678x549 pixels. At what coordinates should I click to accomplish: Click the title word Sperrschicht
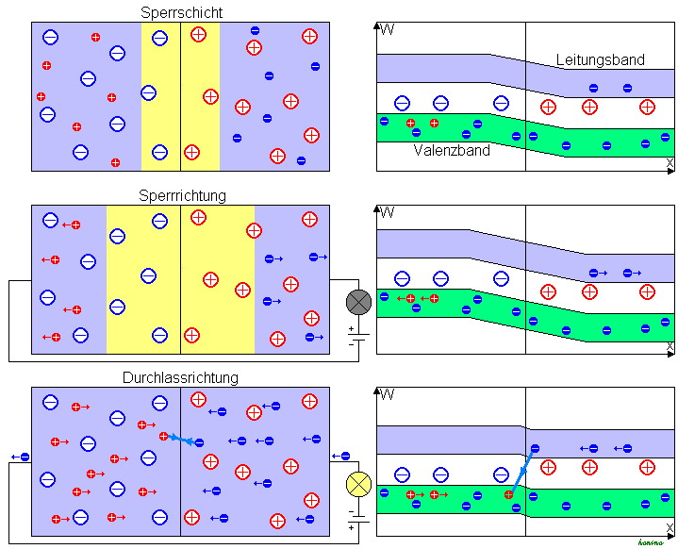[x=180, y=12]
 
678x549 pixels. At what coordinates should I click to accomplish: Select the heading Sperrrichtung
[x=180, y=195]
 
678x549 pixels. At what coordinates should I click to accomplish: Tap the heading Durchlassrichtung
[x=180, y=377]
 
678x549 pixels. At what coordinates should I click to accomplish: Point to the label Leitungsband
[x=600, y=59]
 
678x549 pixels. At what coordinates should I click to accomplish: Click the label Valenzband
[x=452, y=149]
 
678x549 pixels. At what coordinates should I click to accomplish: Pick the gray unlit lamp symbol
[x=358, y=302]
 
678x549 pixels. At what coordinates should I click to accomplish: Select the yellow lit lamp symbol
[x=358, y=484]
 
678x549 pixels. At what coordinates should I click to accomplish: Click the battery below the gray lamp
[x=358, y=336]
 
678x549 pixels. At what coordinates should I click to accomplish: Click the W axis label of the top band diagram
[x=387, y=28]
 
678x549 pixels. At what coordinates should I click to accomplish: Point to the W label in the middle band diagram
[x=387, y=210]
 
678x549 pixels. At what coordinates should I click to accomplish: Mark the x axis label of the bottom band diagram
[x=670, y=529]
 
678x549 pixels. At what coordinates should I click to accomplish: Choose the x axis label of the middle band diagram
[x=670, y=347]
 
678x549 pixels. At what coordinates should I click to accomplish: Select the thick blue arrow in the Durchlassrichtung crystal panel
[x=183, y=440]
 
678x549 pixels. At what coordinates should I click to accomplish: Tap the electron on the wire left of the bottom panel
[x=22, y=457]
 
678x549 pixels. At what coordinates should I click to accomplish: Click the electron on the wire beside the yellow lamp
[x=339, y=457]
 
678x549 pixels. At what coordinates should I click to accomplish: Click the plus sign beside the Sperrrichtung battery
[x=351, y=329]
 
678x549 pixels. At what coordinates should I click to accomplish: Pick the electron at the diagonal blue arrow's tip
[x=535, y=448]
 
